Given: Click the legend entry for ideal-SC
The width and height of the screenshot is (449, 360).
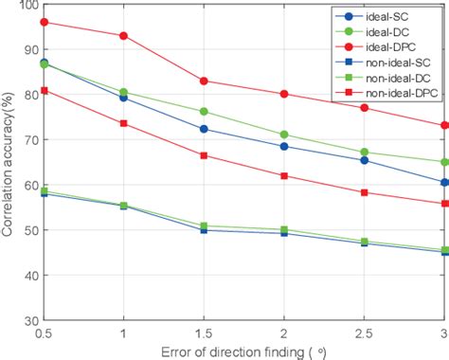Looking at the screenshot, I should (388, 16).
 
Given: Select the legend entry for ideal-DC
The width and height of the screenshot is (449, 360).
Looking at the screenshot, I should (388, 31).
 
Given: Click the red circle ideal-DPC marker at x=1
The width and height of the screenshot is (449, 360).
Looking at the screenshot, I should (124, 36).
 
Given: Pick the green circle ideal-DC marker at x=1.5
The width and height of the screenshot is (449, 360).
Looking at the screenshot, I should (204, 112).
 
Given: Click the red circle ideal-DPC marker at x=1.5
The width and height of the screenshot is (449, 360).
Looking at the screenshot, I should (204, 81).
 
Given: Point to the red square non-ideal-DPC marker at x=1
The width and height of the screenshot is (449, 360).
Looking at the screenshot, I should (124, 123).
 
